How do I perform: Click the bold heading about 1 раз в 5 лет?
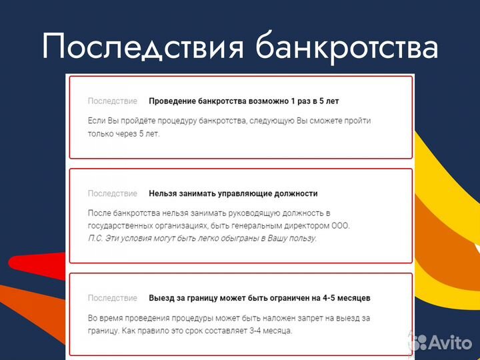point(243,101)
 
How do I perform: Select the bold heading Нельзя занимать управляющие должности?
point(233,193)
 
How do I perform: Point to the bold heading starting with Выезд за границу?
point(259,298)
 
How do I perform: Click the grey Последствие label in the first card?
point(112,101)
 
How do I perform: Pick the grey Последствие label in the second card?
point(112,193)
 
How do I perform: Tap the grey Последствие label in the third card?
point(112,298)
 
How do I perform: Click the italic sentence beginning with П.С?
point(203,238)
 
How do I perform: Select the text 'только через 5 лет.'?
point(124,133)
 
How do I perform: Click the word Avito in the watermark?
point(450,343)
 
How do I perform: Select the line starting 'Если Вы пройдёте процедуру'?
point(229,121)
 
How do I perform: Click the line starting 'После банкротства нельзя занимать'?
point(209,213)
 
